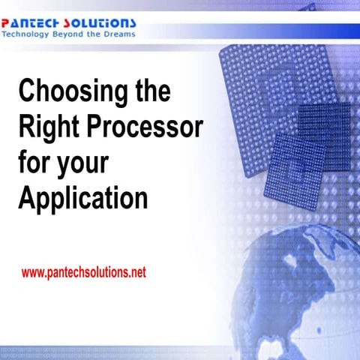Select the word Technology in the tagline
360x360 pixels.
pyautogui.click(x=27, y=34)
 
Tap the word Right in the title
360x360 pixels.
pyautogui.click(x=44, y=128)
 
